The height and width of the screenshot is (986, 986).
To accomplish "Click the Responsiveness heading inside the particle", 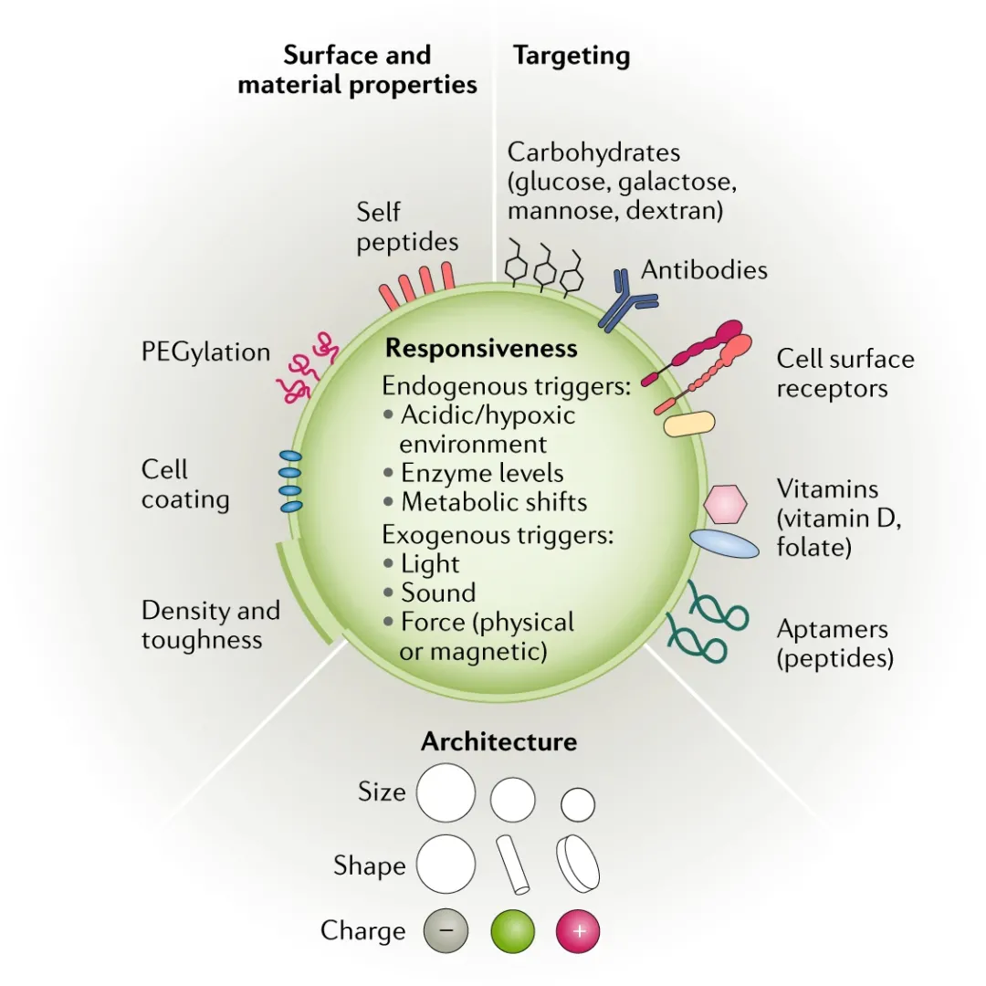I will (x=481, y=349).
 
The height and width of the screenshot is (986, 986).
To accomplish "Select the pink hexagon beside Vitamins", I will (x=726, y=503).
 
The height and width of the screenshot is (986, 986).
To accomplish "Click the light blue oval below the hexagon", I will (x=724, y=544).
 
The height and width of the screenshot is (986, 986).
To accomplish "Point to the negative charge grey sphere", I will (x=446, y=931).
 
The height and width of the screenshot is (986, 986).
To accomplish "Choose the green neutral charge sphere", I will (x=512, y=931).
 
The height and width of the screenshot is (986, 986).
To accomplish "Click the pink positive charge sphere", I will (x=578, y=931).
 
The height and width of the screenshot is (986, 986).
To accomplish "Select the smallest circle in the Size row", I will (x=577, y=804).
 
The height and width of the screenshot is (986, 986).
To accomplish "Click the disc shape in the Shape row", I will (x=578, y=863).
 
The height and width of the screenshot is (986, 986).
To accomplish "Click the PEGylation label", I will (x=206, y=352).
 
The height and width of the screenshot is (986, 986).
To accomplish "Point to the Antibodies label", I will (x=704, y=270).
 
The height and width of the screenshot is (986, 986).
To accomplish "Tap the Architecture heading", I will (x=498, y=741).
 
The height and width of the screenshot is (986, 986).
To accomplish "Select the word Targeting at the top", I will (x=572, y=56).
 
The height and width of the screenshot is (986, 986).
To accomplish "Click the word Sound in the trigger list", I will (x=438, y=593).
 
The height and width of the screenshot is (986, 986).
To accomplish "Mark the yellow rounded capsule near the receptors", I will (x=689, y=425).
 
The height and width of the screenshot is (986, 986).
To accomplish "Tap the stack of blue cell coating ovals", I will (x=290, y=481).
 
